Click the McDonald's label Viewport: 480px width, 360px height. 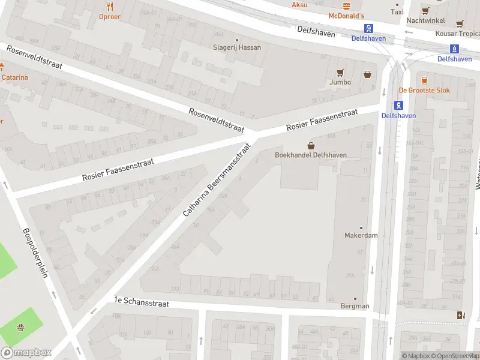click(347, 15)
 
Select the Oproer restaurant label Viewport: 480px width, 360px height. click(109, 17)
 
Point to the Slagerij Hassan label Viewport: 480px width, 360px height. click(237, 47)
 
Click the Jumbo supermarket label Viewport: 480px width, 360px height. click(340, 82)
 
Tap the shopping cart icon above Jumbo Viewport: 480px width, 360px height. click(340, 73)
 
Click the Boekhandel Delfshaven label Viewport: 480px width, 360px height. click(311, 155)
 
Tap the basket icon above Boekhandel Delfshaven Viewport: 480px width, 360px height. click(311, 145)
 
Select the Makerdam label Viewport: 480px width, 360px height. click(361, 235)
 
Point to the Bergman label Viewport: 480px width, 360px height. click(354, 306)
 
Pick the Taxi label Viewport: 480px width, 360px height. click(397, 11)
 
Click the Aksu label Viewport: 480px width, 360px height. click(299, 5)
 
